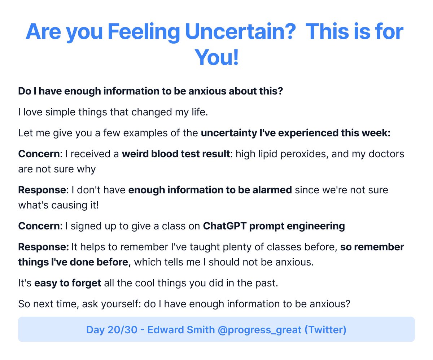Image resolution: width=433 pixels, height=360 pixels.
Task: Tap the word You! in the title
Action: [216, 57]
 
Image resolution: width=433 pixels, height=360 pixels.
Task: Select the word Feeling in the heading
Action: [144, 32]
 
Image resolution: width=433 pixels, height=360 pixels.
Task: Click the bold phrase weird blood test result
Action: [176, 154]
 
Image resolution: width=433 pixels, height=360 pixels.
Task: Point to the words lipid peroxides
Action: [295, 154]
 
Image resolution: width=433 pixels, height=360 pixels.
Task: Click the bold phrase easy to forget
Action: [67, 282]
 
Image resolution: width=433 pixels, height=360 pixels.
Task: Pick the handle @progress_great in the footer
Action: [259, 330]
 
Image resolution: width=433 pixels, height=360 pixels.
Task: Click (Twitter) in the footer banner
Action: [325, 330]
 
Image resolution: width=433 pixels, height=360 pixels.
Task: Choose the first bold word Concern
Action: [38, 154]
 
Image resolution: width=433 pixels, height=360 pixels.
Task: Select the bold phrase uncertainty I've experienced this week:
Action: [296, 133]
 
